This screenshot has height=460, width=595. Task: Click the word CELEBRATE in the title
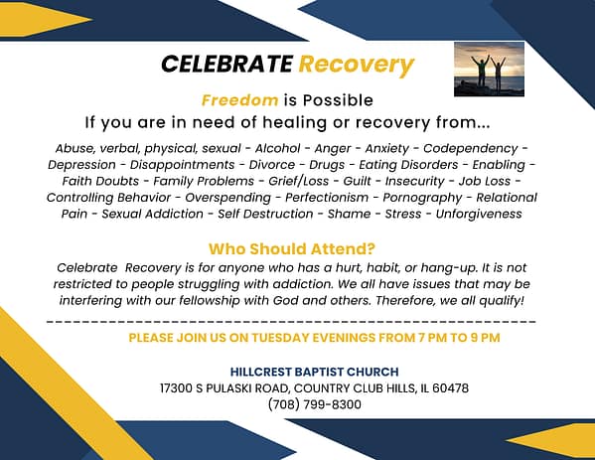[226, 64]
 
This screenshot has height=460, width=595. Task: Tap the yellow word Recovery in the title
[357, 65]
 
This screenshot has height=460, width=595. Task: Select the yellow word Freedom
[239, 100]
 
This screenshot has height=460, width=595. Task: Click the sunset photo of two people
[489, 69]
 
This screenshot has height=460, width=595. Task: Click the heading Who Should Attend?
[292, 249]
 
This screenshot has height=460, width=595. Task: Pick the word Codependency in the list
[470, 148]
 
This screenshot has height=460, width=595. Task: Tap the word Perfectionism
[327, 198]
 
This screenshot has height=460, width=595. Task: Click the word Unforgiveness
[479, 214]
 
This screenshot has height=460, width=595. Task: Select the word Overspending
[228, 198]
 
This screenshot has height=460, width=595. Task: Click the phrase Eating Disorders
[408, 165]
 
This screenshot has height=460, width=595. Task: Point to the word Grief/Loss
[299, 181]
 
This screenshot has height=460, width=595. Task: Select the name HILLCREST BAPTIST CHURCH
[314, 372]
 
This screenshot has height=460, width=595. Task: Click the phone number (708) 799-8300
[314, 404]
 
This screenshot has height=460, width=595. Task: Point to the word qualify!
[502, 301]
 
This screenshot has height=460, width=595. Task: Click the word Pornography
[422, 198]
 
